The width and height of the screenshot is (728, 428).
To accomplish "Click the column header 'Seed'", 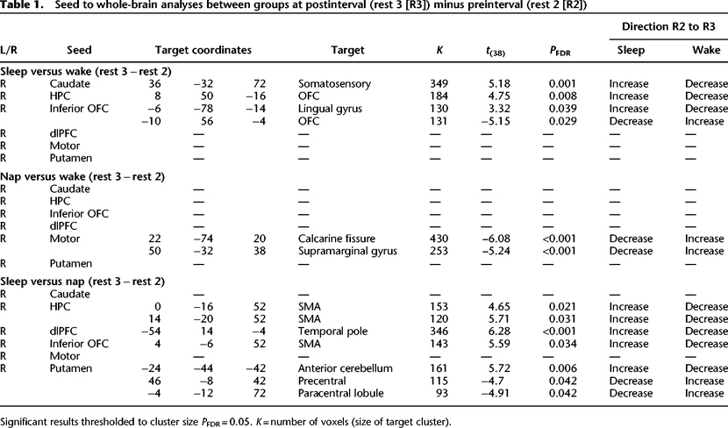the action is point(79,50).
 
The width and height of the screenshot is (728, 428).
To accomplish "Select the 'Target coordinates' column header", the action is point(203,50).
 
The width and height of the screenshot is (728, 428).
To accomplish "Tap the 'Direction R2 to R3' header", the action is point(668,26).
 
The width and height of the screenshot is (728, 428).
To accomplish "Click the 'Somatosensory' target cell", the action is point(334,84).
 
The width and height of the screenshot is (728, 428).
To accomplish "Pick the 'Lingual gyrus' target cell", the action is point(330,109).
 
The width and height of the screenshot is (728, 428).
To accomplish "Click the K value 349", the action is point(439,84).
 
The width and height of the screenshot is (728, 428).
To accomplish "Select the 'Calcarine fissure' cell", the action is point(337,239).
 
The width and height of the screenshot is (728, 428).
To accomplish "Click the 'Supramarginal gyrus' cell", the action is point(347,251).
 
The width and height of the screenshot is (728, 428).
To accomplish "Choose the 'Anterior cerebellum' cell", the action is point(346,368).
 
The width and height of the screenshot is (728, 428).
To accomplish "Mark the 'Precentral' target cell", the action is point(322,382).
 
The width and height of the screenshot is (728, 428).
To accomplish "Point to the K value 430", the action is point(439,239).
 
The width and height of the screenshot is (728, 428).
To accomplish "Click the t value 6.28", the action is point(500,332).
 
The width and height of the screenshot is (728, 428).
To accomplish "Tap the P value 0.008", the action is point(563,96).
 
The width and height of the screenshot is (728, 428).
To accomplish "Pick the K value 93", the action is point(442,393).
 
